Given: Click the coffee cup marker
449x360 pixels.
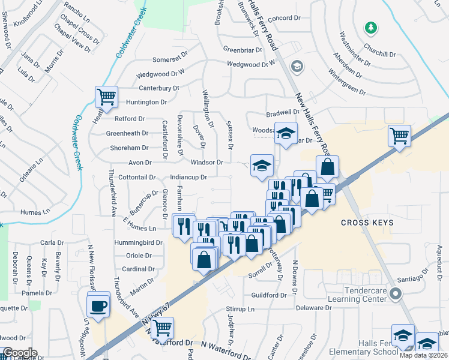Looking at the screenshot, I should [98, 306].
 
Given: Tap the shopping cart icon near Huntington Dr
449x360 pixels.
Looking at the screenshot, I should [106, 96].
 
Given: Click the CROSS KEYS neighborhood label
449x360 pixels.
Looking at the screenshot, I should [367, 223].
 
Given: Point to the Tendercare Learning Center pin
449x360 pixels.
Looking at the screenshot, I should [395, 294].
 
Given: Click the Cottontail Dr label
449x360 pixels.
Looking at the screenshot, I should [137, 178].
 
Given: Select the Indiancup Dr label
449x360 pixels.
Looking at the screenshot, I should [188, 178].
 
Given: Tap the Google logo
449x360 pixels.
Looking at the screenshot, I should [20, 353].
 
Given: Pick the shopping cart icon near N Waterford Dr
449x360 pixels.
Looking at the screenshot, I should [161, 328].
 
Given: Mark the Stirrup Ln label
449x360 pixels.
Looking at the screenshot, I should [240, 310].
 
